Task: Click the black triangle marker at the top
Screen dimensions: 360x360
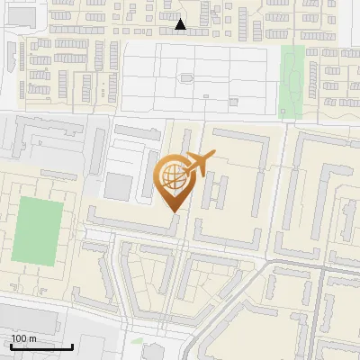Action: point(181,24)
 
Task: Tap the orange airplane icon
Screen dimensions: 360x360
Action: point(196,166)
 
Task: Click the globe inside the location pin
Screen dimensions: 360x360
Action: point(171,176)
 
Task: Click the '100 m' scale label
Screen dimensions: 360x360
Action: point(23,338)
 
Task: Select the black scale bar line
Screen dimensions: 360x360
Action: point(41,346)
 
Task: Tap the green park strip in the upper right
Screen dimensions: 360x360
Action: point(292,81)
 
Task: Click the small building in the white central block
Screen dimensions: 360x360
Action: point(187,77)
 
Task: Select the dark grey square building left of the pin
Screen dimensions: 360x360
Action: point(118,187)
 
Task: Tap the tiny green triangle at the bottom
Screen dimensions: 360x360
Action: point(137,341)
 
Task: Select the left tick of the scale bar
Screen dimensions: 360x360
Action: point(11,344)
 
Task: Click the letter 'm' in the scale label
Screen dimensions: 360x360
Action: point(32,338)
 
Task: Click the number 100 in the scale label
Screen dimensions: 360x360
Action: point(19,338)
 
